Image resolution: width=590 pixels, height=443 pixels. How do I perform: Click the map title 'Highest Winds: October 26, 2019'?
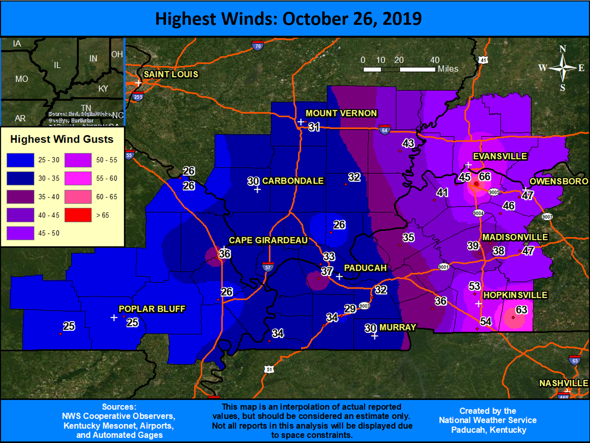click(x=288, y=18)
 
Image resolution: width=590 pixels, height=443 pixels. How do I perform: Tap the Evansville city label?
click(x=500, y=156)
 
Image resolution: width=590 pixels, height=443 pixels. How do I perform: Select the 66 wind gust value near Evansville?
click(x=485, y=177)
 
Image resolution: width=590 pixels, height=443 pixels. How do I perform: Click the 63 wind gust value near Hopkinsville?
click(x=521, y=310)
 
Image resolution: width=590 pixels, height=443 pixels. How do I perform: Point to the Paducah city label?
click(x=365, y=268)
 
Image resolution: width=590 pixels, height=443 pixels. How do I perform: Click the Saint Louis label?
click(x=171, y=74)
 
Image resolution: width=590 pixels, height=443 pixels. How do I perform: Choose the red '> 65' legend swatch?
click(x=78, y=215)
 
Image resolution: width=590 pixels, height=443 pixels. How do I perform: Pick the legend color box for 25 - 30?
click(x=20, y=160)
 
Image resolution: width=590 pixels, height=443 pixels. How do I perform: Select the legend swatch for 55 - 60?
click(x=78, y=178)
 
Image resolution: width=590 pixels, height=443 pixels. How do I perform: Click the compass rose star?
click(x=562, y=68)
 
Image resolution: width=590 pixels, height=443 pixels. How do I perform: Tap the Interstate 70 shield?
click(x=258, y=46)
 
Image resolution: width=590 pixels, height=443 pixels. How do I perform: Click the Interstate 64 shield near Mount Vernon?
click(x=384, y=130)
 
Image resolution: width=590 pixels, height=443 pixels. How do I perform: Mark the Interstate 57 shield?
click(x=267, y=267)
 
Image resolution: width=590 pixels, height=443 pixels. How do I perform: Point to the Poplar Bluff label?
click(x=152, y=309)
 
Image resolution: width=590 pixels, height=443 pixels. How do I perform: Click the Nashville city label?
click(x=563, y=383)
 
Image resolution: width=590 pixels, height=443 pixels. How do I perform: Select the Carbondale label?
click(x=293, y=181)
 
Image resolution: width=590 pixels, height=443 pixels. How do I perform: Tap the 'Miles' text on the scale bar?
click(x=448, y=69)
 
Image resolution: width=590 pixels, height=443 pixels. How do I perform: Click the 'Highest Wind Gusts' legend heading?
click(x=62, y=139)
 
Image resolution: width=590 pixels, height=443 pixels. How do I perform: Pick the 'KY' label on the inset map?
click(x=103, y=89)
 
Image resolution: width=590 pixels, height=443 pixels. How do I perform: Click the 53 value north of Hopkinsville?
click(x=474, y=286)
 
